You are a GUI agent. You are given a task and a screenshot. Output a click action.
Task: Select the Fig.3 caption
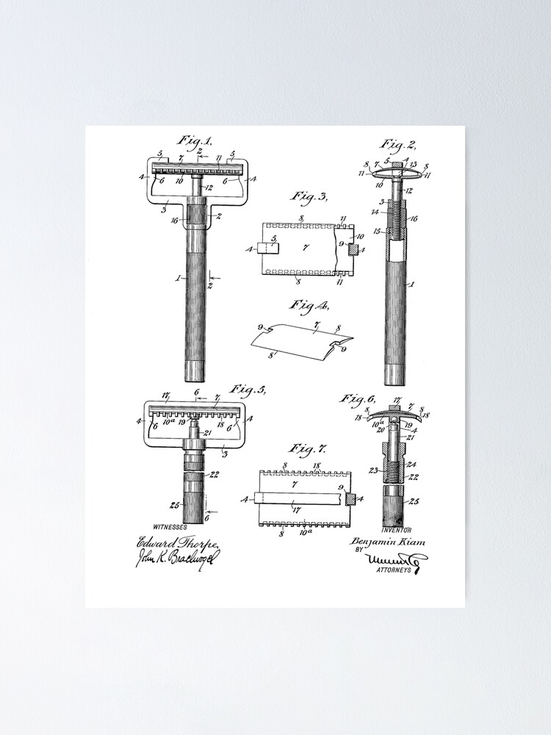click(x=309, y=196)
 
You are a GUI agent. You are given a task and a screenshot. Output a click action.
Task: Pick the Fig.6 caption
click(x=358, y=398)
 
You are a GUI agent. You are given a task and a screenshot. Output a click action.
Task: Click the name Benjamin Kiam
click(x=388, y=542)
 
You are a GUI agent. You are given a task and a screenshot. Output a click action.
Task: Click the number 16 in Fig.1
click(x=173, y=220)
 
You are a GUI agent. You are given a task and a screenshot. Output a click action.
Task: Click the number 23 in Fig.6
click(x=372, y=470)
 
